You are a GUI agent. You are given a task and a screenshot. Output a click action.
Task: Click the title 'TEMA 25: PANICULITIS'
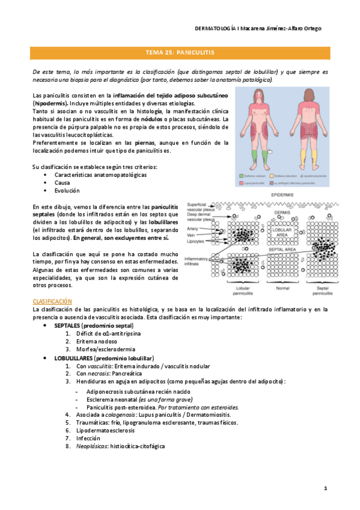180,53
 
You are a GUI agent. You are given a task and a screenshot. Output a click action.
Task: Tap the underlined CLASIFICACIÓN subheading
52,301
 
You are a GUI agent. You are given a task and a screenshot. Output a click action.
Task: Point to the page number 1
325,488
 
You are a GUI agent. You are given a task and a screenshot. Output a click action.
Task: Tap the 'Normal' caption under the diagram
282,288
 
